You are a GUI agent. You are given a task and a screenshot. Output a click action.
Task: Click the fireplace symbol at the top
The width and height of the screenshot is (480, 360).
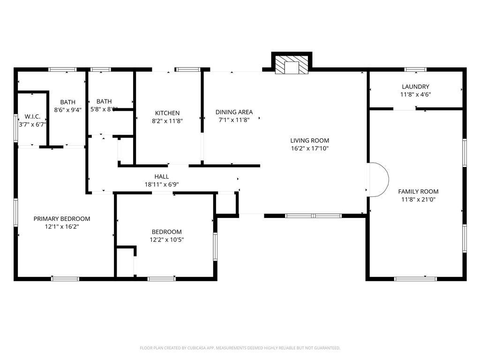click(x=292, y=65)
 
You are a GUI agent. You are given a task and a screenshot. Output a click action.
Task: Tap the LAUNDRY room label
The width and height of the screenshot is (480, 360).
click(x=415, y=87)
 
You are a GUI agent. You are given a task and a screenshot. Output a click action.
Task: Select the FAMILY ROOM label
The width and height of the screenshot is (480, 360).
click(x=418, y=191)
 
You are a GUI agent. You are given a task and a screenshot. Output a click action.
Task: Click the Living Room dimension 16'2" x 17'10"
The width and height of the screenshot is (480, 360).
click(x=309, y=148)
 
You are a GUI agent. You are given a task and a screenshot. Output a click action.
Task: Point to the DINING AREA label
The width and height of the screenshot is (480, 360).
click(x=234, y=112)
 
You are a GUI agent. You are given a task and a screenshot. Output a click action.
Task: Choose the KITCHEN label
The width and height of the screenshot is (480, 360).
click(x=167, y=113)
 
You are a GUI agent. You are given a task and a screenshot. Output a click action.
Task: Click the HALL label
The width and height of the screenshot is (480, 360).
click(x=162, y=177)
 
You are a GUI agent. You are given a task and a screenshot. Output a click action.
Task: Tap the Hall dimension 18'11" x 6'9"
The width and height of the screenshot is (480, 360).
click(x=162, y=184)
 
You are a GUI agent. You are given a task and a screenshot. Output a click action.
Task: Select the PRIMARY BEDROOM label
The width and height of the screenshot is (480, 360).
click(x=62, y=219)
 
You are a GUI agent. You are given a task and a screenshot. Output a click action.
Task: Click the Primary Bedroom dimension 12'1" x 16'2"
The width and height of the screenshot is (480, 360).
click(x=62, y=226)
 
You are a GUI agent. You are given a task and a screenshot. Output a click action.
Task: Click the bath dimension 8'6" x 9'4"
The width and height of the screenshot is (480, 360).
click(x=67, y=110)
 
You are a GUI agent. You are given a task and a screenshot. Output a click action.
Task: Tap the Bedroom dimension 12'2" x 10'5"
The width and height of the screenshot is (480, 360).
click(x=166, y=240)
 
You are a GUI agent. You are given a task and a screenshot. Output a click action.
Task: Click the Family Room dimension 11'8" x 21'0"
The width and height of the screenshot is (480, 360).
click(x=418, y=199)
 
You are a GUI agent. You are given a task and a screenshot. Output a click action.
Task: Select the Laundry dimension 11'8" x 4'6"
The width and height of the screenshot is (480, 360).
click(x=415, y=94)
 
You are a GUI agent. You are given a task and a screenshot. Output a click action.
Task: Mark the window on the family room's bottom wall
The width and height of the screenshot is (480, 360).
click(x=415, y=279)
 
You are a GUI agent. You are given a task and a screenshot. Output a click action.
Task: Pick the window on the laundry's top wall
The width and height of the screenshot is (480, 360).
click(x=415, y=69)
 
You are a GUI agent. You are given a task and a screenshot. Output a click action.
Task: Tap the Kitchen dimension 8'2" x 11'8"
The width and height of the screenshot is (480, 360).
click(x=167, y=120)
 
